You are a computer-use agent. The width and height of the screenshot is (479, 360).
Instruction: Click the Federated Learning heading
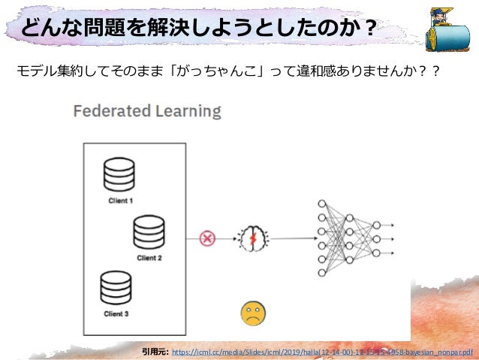147,112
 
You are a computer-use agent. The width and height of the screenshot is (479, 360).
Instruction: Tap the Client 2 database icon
148,233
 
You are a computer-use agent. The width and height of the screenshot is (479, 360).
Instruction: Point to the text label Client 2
149,257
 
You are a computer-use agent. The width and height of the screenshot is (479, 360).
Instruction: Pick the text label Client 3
116,313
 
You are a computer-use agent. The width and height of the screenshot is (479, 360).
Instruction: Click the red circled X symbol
207,238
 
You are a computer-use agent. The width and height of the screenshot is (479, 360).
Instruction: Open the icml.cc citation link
322,351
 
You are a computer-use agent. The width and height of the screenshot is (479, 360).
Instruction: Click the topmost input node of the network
322,204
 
